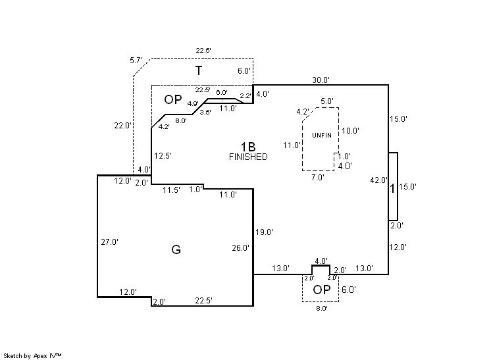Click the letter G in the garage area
(x=176, y=249)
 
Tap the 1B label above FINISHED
(x=247, y=145)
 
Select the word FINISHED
(x=248, y=157)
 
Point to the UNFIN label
(x=322, y=135)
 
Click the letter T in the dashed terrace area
(x=198, y=70)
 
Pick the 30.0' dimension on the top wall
(x=321, y=80)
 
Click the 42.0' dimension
(x=378, y=180)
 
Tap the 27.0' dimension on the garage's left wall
(x=109, y=242)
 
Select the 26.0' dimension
(x=241, y=248)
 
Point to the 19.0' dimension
(x=264, y=232)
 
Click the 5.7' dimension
(x=136, y=60)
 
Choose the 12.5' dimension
(x=163, y=156)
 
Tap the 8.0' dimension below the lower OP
(x=321, y=307)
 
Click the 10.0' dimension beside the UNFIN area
(x=350, y=130)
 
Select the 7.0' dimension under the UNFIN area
(x=317, y=177)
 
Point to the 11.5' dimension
(x=171, y=190)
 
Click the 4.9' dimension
(x=193, y=104)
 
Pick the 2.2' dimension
(x=245, y=96)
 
